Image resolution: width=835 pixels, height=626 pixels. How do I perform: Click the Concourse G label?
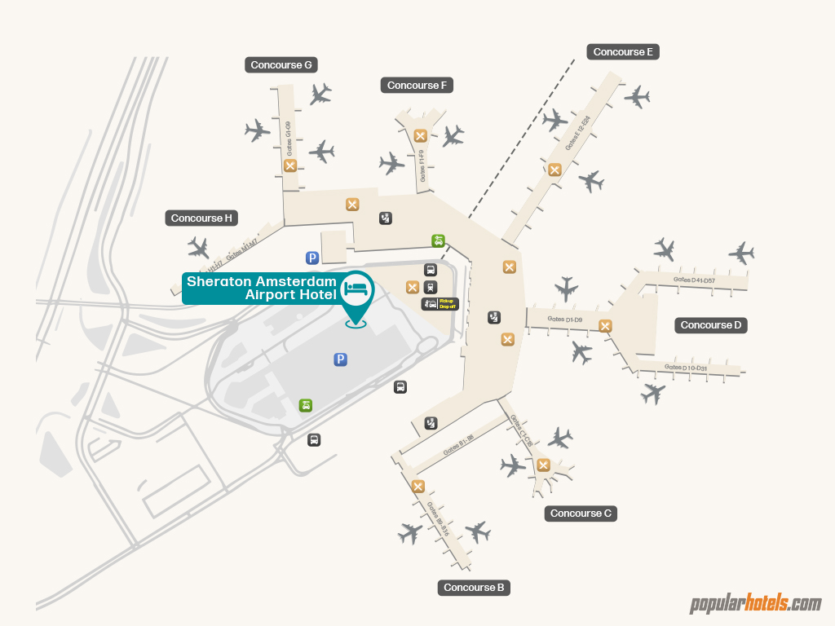[x=281, y=65]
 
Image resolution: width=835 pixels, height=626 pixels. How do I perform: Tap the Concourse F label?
[x=417, y=86]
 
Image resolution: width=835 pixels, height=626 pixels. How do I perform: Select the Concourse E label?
[x=623, y=52]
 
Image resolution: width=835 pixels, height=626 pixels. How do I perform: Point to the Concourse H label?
[x=201, y=218]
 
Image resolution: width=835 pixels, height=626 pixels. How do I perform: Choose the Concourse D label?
[x=711, y=325]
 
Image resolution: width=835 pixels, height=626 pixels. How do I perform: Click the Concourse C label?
[x=581, y=514]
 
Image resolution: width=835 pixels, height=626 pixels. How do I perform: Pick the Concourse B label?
[x=474, y=588]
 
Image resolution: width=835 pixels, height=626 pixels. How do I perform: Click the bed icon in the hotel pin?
[x=356, y=288]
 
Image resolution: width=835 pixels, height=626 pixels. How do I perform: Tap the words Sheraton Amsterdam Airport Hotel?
[x=261, y=288]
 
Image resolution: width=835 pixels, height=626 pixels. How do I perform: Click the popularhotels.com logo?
[x=755, y=604]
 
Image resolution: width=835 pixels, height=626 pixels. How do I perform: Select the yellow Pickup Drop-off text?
[x=447, y=304]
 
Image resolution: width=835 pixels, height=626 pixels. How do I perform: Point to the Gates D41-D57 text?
[x=694, y=280]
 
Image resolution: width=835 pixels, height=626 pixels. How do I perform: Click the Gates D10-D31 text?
[x=685, y=368]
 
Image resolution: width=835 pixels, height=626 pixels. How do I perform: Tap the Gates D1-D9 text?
[x=565, y=320]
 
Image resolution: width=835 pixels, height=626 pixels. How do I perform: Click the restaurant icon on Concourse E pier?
[x=554, y=170]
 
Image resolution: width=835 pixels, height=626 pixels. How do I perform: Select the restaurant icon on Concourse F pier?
[x=421, y=136]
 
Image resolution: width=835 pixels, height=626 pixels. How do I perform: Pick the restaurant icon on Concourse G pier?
[x=289, y=165]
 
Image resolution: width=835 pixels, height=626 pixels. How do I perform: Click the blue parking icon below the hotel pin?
[x=340, y=359]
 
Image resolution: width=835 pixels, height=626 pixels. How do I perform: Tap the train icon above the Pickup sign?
[x=430, y=287]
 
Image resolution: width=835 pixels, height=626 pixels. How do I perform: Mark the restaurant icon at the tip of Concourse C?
[x=543, y=465]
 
